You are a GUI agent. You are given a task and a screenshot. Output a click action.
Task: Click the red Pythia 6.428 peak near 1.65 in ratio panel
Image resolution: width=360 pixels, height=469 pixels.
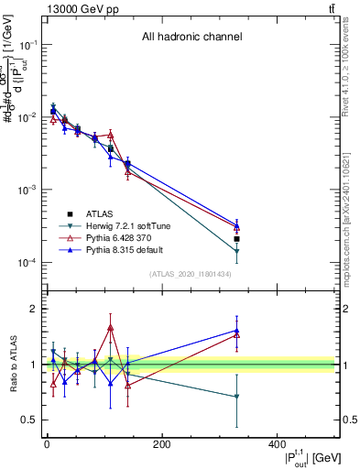[x=111, y=327]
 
